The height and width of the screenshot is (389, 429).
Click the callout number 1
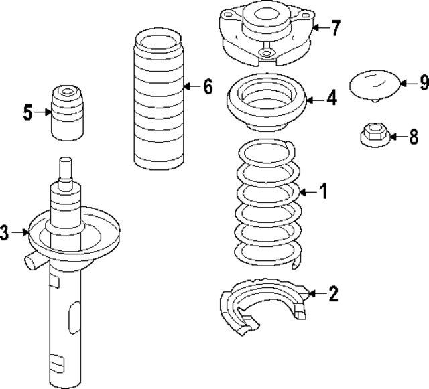pyautogui.click(x=323, y=193)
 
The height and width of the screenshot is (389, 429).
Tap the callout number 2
pyautogui.click(x=333, y=293)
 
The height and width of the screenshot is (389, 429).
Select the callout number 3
pyautogui.click(x=6, y=233)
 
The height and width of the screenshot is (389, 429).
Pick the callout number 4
pyautogui.click(x=332, y=99)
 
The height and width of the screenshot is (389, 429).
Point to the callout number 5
pyautogui.click(x=27, y=112)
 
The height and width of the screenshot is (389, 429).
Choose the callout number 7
pyautogui.click(x=335, y=28)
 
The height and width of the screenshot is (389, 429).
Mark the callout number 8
pyautogui.click(x=414, y=137)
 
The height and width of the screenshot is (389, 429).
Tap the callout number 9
pyautogui.click(x=422, y=83)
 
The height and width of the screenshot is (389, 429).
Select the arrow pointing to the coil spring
pyautogui.click(x=308, y=193)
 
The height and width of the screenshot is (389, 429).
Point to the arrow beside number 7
pyautogui.click(x=320, y=28)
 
